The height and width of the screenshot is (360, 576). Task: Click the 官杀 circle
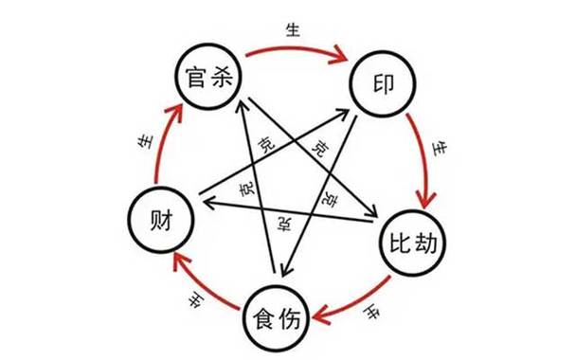pyautogui.click(x=208, y=73)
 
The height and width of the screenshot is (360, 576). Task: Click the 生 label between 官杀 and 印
pyautogui.click(x=292, y=29)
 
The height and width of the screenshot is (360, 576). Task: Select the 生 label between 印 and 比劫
pyautogui.click(x=437, y=149)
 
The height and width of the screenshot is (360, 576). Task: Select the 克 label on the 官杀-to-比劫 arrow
pyautogui.click(x=318, y=150)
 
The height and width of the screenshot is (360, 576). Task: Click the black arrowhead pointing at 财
pyautogui.click(x=205, y=197)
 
